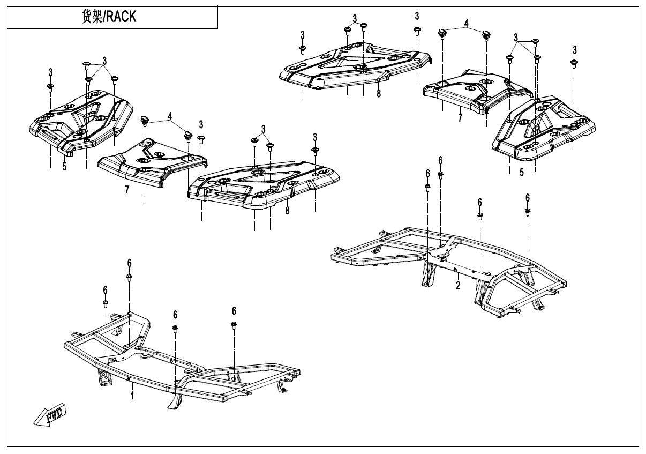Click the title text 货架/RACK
point(108,17)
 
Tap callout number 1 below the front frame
point(132,396)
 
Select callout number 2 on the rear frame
point(458,285)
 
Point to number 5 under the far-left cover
point(64,166)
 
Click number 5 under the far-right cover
point(521,173)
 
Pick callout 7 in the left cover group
point(127,190)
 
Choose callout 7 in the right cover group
point(460,118)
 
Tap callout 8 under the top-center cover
point(379,94)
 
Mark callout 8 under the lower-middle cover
point(287,211)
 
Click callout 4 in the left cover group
point(169,116)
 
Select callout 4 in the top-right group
point(466,24)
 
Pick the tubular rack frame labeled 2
point(450,257)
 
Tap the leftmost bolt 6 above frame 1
point(106,303)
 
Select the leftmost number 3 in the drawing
point(50,72)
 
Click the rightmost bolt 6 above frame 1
point(234,325)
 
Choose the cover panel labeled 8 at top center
point(354,67)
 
